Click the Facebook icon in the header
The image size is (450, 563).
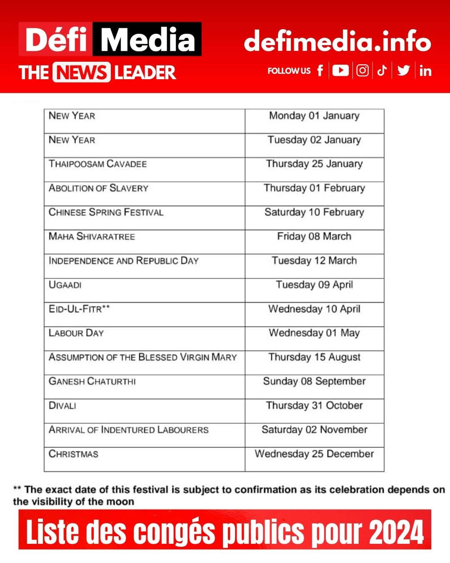coord(320,70)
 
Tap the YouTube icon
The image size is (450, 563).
coord(340,70)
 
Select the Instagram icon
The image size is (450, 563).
coord(362,70)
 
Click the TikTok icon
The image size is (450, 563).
coord(382,70)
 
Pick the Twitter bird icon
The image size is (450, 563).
coord(403,70)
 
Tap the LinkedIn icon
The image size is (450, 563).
coord(425,71)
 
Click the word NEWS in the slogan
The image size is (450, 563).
coord(81,73)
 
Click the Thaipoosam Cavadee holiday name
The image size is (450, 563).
coord(98,164)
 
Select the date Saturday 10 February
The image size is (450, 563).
coord(314,212)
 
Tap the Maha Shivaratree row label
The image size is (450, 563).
coord(92,236)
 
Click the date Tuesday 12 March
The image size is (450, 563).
coord(314,261)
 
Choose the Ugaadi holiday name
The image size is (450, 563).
coord(65,285)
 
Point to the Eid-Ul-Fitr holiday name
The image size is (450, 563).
coord(79,309)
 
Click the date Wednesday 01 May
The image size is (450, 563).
coord(314,333)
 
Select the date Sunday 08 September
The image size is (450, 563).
coord(314,381)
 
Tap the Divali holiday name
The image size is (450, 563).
coord(62,405)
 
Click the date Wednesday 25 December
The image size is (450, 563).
coord(314,454)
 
